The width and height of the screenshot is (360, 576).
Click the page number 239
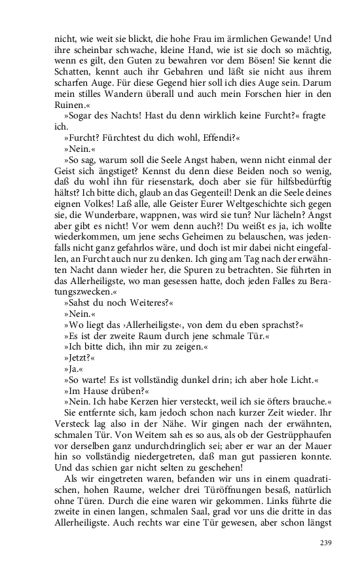point(327,542)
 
